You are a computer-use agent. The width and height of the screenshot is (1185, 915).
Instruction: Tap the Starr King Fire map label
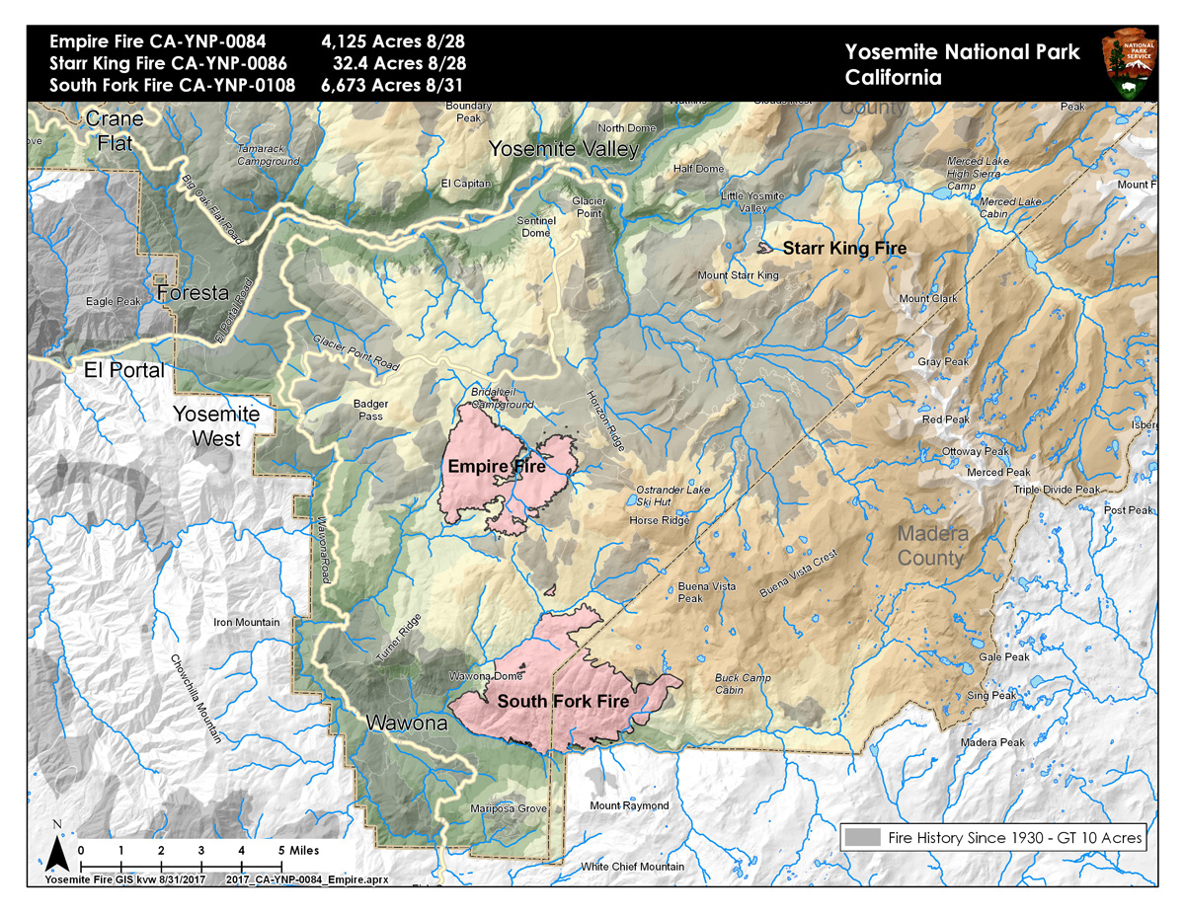click(x=843, y=249)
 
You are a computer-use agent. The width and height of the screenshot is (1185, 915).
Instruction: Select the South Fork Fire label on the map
click(x=563, y=702)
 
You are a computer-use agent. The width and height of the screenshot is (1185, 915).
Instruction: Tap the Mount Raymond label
click(x=629, y=806)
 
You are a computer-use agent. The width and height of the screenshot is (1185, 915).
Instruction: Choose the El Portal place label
click(x=123, y=371)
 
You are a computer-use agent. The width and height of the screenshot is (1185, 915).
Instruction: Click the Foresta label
click(x=192, y=293)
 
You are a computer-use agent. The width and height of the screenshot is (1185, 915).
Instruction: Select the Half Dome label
click(x=698, y=169)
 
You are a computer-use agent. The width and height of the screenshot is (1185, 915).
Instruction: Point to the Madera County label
click(x=929, y=546)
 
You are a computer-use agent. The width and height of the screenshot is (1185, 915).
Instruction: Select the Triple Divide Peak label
click(x=1056, y=490)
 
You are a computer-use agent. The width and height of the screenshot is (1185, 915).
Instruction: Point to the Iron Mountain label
click(x=247, y=623)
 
